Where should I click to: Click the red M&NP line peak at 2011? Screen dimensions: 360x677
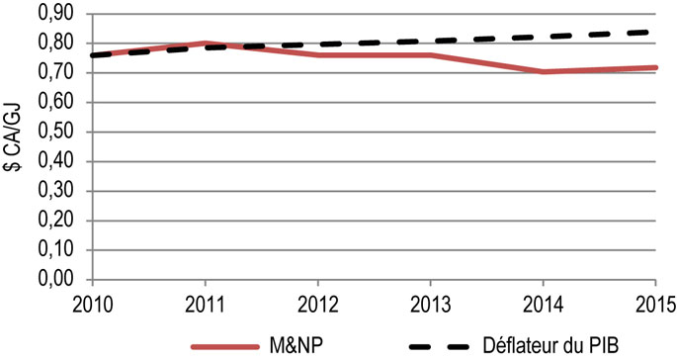tap(204, 44)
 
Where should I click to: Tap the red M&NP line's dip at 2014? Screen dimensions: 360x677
tap(545, 72)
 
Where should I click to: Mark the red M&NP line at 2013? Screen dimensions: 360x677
tap(431, 55)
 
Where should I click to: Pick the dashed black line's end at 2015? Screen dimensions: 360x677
tap(657, 32)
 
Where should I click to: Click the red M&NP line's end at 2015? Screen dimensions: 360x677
tap(657, 67)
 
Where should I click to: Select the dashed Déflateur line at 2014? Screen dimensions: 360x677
tap(545, 37)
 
